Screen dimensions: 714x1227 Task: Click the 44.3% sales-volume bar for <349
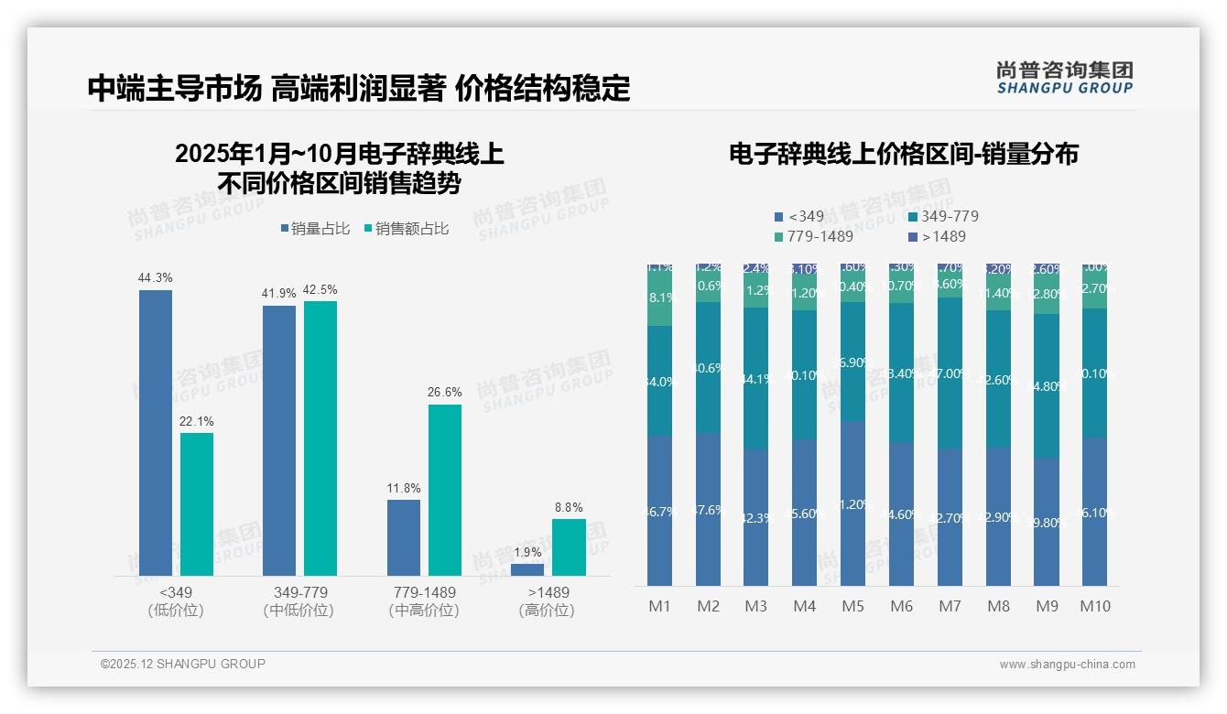tap(156, 432)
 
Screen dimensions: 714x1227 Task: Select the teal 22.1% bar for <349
tap(197, 503)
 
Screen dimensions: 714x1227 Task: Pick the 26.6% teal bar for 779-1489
tap(445, 490)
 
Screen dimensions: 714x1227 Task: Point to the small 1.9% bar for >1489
tap(527, 569)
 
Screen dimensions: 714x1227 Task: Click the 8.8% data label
tap(569, 507)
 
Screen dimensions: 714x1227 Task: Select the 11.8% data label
tap(404, 488)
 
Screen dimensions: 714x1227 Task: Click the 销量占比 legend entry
tap(315, 229)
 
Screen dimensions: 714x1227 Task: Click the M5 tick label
tap(852, 606)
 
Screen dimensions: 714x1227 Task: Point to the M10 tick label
tap(1095, 606)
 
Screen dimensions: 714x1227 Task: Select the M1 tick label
tap(659, 606)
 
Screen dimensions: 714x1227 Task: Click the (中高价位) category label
tap(424, 611)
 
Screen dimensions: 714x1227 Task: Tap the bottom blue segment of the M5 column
tap(852, 503)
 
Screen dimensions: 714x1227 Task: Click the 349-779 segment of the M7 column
tap(950, 373)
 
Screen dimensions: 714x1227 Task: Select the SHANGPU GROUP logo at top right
tap(1064, 78)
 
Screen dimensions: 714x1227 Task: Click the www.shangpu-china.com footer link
tap(1067, 665)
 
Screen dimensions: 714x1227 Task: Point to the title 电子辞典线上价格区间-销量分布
tap(903, 154)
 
